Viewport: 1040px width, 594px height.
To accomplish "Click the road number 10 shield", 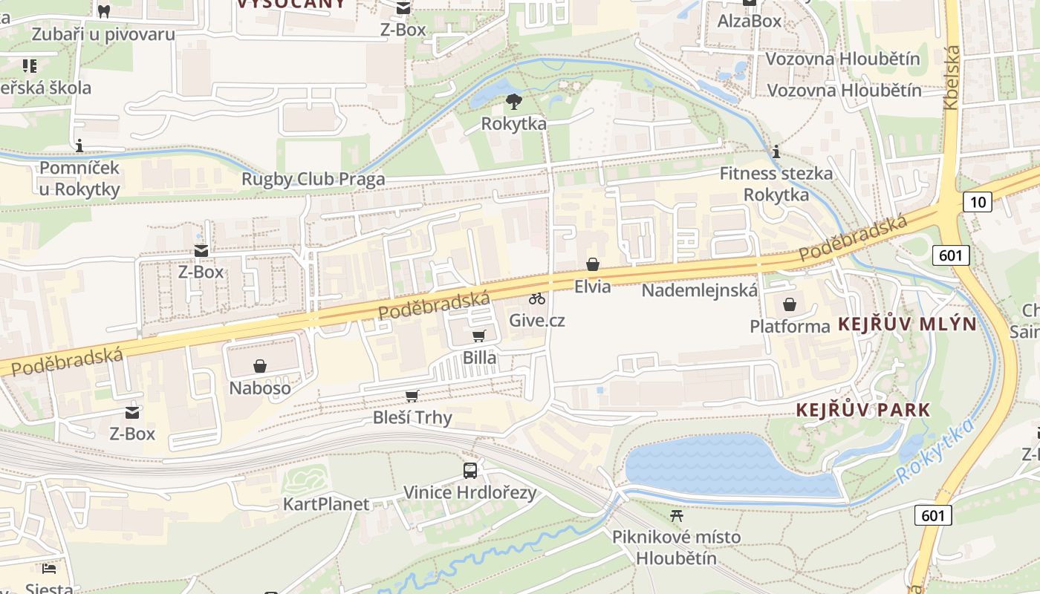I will pos(978,201).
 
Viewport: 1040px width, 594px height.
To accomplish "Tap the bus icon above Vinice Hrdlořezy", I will pos(470,470).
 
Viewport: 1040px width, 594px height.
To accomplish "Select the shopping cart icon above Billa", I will pos(479,336).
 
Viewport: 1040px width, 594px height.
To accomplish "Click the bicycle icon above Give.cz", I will pos(537,298).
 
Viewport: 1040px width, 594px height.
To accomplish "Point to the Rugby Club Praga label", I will pos(313,179).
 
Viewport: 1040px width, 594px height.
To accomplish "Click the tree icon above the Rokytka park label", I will pos(513,102).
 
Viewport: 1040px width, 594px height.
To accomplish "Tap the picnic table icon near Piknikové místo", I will pos(676,515).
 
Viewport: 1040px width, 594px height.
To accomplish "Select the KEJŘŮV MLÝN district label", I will pos(907,324).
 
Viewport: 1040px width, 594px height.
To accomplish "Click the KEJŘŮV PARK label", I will pos(863,410).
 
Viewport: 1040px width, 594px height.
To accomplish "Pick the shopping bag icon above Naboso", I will pos(260,366).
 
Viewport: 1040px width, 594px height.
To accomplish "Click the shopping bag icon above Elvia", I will pos(592,264).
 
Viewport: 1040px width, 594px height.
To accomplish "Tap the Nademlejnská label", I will pos(699,290).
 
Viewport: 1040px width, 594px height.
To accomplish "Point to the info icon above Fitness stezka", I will pos(776,152).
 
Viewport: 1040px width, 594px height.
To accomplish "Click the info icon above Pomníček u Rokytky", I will pos(79,146).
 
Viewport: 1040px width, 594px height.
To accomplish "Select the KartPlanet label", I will pos(326,504).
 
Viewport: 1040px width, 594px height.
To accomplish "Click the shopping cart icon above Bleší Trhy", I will pos(412,396).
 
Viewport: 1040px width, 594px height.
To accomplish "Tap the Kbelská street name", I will pos(952,78).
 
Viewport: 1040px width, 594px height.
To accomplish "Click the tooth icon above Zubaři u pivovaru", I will pos(104,11).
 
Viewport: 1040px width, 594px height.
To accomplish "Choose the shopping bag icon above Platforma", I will pos(789,304).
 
